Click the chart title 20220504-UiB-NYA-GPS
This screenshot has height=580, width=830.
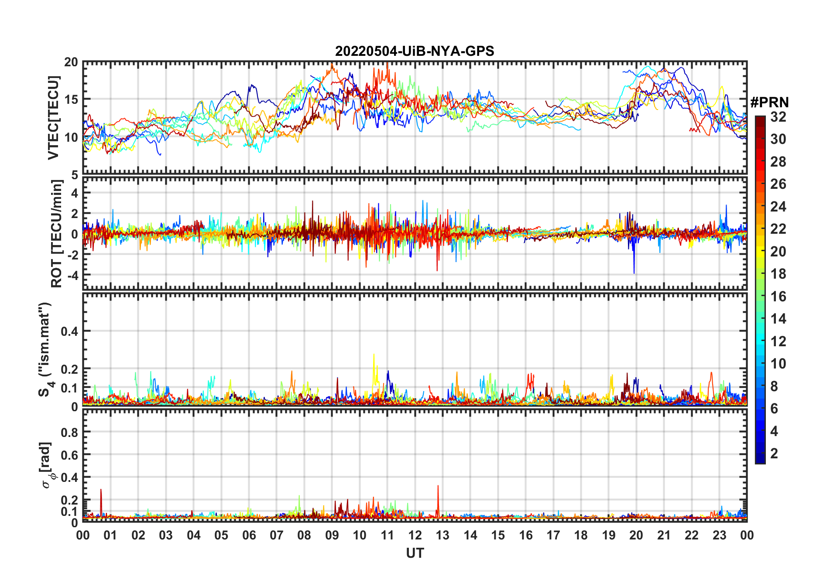(x=415, y=51)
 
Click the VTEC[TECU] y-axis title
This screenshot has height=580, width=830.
(x=53, y=118)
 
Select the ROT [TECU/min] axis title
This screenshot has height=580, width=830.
(x=57, y=234)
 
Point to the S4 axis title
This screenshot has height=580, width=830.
(x=45, y=349)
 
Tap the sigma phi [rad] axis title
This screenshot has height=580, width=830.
(x=47, y=465)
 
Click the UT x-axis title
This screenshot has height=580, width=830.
(x=415, y=553)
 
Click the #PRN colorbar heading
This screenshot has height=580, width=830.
(x=769, y=102)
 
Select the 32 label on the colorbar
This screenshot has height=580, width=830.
(x=778, y=117)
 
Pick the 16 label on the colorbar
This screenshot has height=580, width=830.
(x=778, y=297)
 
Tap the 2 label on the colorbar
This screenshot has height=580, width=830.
(x=774, y=454)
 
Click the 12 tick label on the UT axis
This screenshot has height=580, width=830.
(x=415, y=535)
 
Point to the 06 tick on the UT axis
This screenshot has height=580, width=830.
(x=249, y=535)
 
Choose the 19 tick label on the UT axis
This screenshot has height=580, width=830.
(x=608, y=535)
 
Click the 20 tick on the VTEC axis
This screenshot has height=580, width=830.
(x=71, y=62)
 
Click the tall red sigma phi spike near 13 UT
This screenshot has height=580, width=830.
(x=438, y=487)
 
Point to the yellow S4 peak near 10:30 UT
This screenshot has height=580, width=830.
(x=374, y=355)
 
